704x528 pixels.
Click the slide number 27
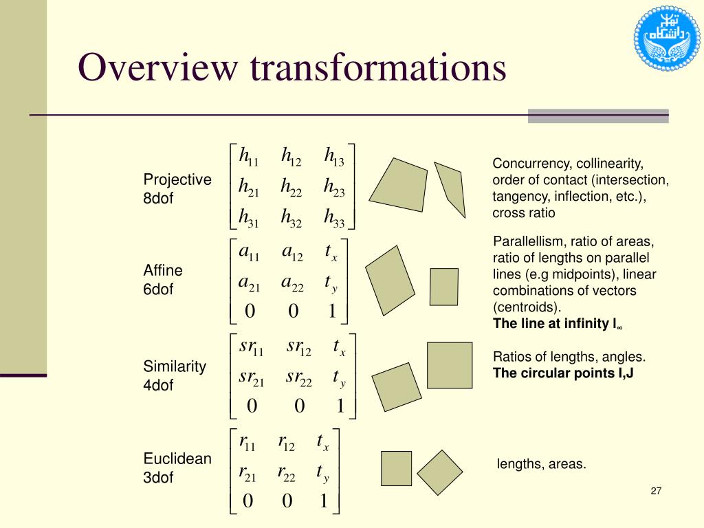tap(655, 491)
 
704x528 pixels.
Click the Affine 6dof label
tap(158, 279)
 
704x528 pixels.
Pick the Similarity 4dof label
tap(174, 375)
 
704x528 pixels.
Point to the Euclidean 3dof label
tap(177, 467)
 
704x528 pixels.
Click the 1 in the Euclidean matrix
tap(324, 501)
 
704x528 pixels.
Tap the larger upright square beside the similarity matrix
tap(450, 365)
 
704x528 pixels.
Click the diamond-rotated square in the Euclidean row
tap(441, 472)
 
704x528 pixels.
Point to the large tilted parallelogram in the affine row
tap(390, 280)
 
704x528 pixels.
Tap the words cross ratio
tap(523, 213)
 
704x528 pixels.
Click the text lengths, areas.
tap(542, 464)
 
